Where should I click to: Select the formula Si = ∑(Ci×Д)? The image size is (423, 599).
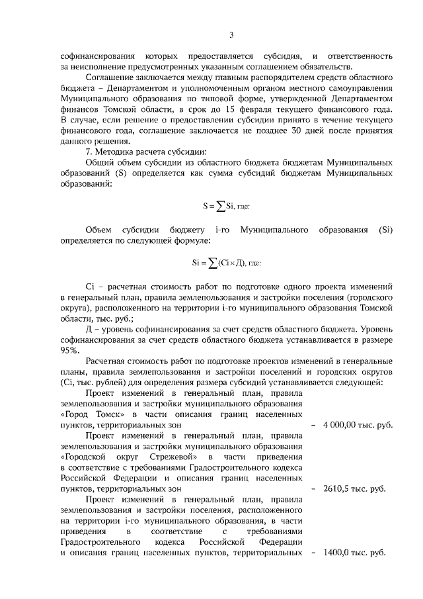click(227, 263)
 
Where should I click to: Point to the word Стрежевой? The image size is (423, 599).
click(173, 457)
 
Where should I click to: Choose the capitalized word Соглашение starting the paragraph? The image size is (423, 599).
click(110, 77)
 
